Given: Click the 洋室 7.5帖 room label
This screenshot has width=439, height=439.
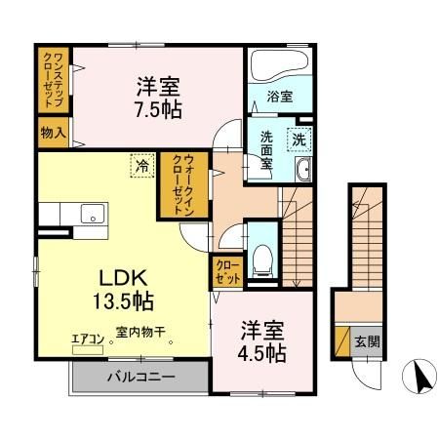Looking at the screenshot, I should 157,94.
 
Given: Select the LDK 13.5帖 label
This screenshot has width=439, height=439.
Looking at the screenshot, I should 114,283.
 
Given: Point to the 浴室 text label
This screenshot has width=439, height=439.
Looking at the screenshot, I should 279,98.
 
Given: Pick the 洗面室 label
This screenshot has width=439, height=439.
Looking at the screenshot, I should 264,151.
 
